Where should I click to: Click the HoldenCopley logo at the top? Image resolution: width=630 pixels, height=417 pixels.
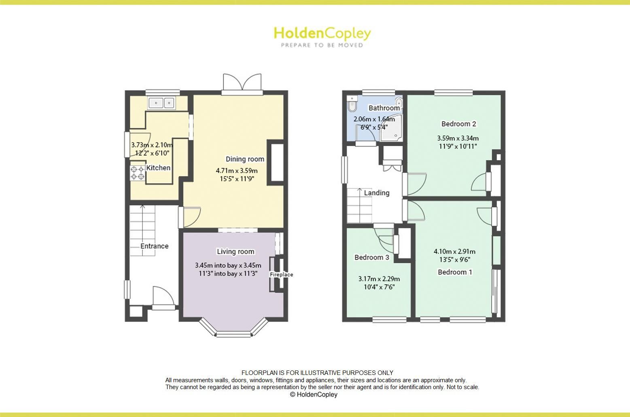pos(322,36)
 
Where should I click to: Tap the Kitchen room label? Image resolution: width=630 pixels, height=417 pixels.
pos(158,168)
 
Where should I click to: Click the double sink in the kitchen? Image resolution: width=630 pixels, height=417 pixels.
pos(161,103)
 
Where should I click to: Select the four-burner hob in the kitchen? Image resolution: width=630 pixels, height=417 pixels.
pos(137,173)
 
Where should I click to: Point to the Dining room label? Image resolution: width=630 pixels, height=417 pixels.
pos(245,159)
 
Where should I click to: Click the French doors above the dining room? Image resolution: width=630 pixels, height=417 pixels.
pos(242,83)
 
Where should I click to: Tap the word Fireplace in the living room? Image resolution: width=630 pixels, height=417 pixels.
pos(281,275)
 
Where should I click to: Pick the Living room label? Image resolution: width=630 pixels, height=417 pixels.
pos(235,252)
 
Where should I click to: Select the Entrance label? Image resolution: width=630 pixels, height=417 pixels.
pos(154,246)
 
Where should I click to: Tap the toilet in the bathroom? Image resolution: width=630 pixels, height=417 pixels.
pos(352,104)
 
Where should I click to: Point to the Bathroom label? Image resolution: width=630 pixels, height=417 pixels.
pos(384,108)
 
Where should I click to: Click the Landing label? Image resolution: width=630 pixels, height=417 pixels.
pos(376,193)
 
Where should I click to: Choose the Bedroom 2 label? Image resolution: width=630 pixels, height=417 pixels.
pos(458,124)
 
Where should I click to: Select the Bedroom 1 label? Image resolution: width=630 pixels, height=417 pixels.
pos(455,272)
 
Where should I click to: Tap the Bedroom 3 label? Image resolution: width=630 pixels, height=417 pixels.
pos(371,257)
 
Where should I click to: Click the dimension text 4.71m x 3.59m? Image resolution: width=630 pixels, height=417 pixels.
pos(237,171)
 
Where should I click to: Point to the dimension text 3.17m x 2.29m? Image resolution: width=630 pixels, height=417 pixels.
pos(379,279)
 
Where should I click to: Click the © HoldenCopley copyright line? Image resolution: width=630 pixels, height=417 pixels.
pos(314,394)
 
